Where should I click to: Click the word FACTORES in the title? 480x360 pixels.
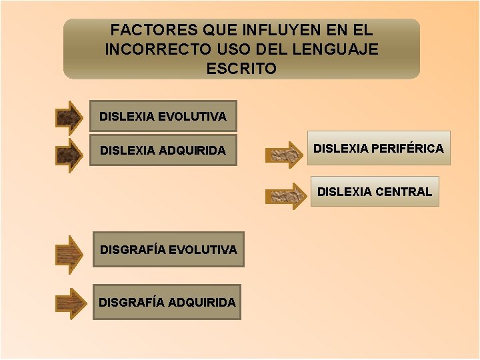(x=143, y=31)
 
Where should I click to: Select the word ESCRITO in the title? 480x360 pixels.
(x=241, y=69)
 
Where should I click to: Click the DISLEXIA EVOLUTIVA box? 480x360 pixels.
(x=163, y=117)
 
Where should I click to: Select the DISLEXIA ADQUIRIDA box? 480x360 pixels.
(x=163, y=151)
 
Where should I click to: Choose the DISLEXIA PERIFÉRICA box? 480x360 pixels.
(x=378, y=148)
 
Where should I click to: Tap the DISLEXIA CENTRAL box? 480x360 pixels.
(x=375, y=192)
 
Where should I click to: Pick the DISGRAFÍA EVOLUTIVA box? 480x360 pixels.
(x=168, y=250)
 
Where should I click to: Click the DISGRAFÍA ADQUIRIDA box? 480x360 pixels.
(x=167, y=303)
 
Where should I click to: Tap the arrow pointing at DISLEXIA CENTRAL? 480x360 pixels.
(x=285, y=196)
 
